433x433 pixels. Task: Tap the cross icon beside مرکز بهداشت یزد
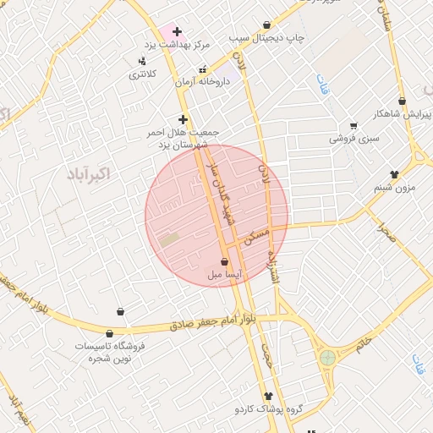tap(176, 31)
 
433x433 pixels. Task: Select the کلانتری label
tap(142, 74)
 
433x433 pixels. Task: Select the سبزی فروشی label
tap(354, 136)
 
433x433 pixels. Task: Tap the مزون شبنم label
tap(395, 186)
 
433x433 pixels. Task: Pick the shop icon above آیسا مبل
tap(224, 261)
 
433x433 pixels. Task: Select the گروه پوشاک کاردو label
tap(269, 408)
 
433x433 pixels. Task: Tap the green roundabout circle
tap(327, 358)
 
